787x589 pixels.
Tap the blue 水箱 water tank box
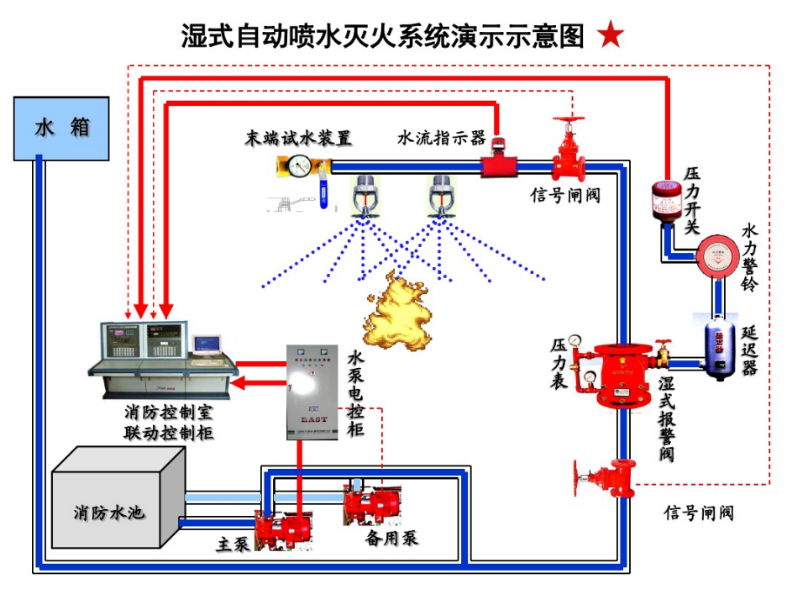tap(61, 128)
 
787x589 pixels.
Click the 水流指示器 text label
tap(441, 138)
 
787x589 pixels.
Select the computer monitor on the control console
tap(206, 344)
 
